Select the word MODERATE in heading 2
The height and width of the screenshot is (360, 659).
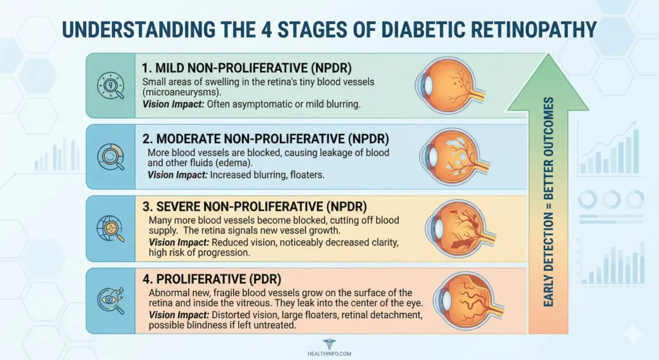coord(194,138)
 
